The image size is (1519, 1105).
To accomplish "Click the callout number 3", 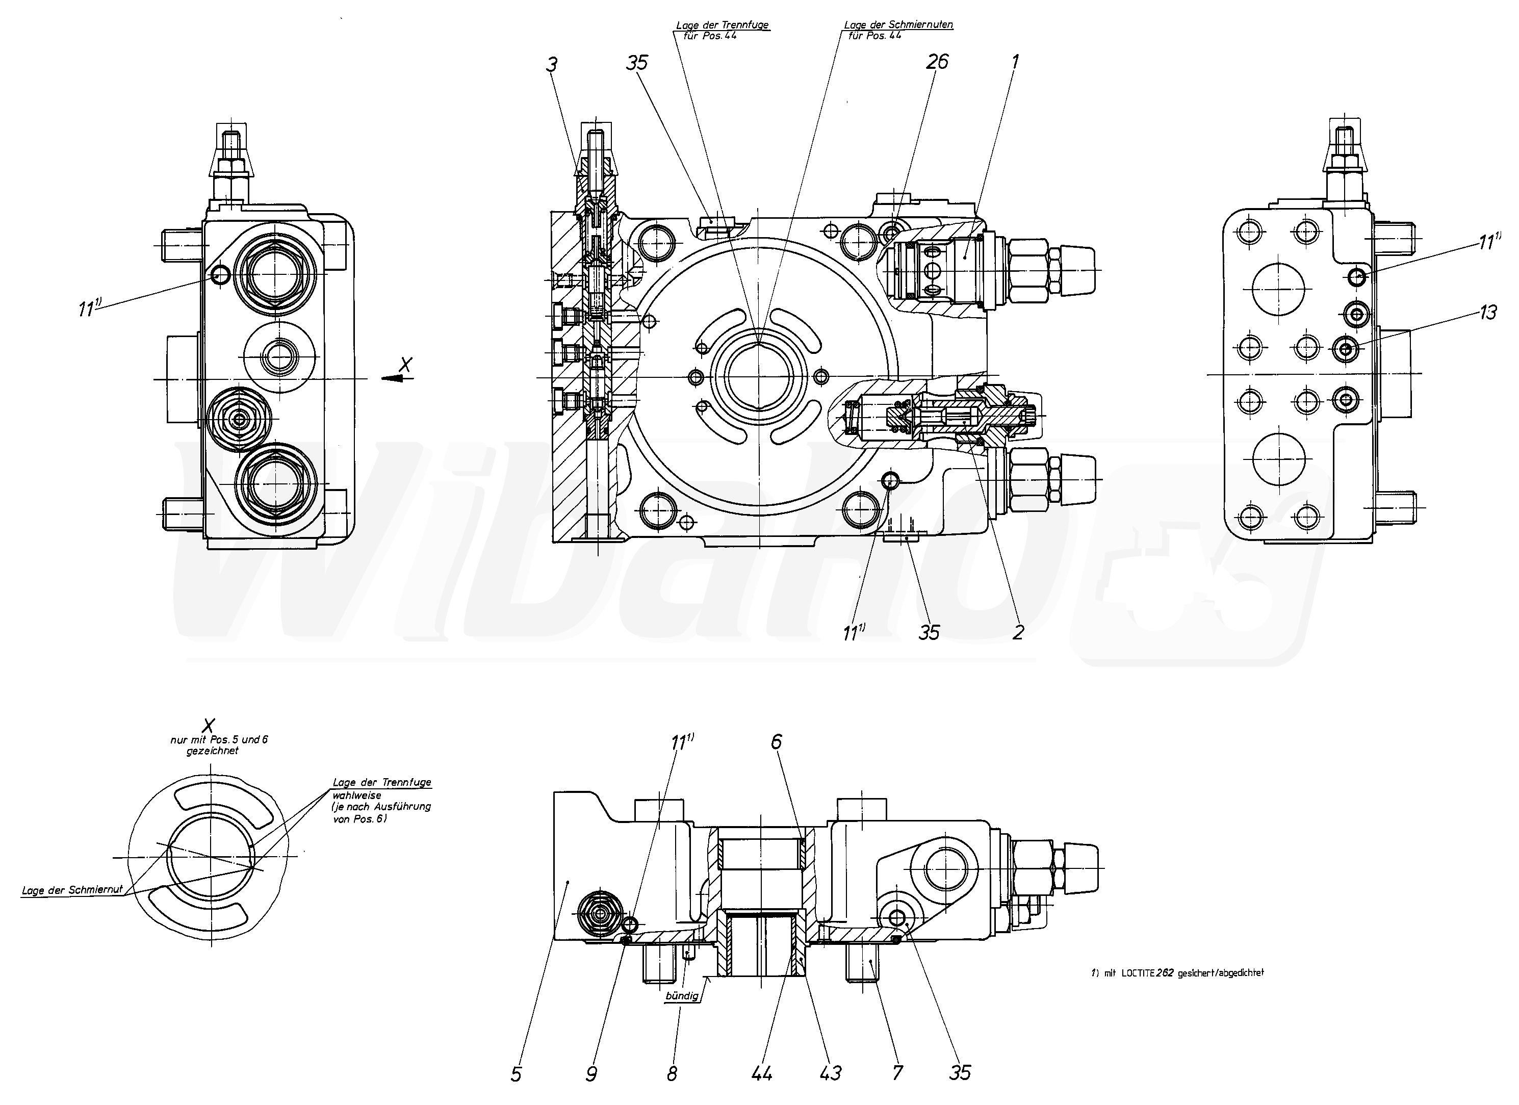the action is [551, 65].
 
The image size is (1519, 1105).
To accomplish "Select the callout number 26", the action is [937, 62].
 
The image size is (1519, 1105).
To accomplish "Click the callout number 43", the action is [831, 1073].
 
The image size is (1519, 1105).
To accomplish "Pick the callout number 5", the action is [516, 1074].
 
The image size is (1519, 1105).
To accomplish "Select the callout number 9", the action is [590, 1074].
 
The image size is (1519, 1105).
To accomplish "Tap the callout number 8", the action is [672, 1074].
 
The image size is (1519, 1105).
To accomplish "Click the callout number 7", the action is [897, 1073].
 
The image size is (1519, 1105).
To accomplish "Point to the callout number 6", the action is [776, 741].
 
